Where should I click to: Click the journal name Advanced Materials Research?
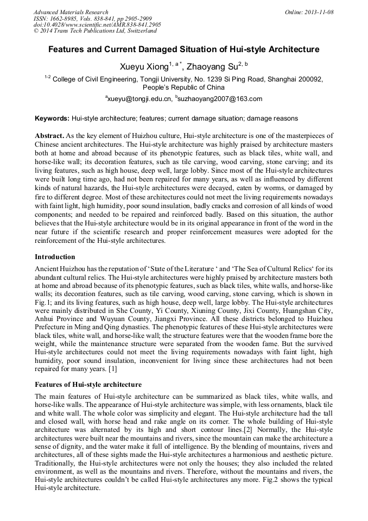click(71, 12)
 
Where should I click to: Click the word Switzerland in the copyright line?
click(141, 31)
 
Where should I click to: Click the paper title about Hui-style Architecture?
click(184, 49)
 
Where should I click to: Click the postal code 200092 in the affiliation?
click(309, 79)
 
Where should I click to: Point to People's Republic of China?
click(183, 87)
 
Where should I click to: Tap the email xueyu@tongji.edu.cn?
click(139, 99)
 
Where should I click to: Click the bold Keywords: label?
click(52, 118)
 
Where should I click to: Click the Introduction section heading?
click(55, 256)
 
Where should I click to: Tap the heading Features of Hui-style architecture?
click(88, 384)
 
